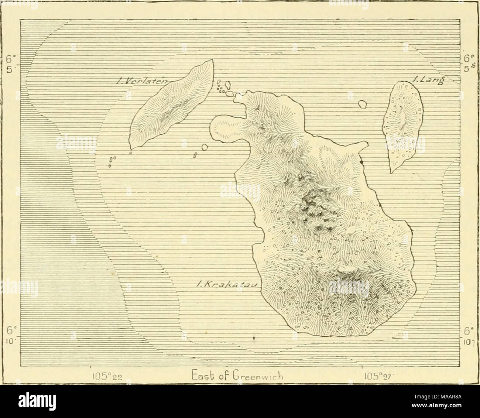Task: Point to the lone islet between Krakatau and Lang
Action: click(x=363, y=104)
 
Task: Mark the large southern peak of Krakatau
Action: click(x=343, y=271)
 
